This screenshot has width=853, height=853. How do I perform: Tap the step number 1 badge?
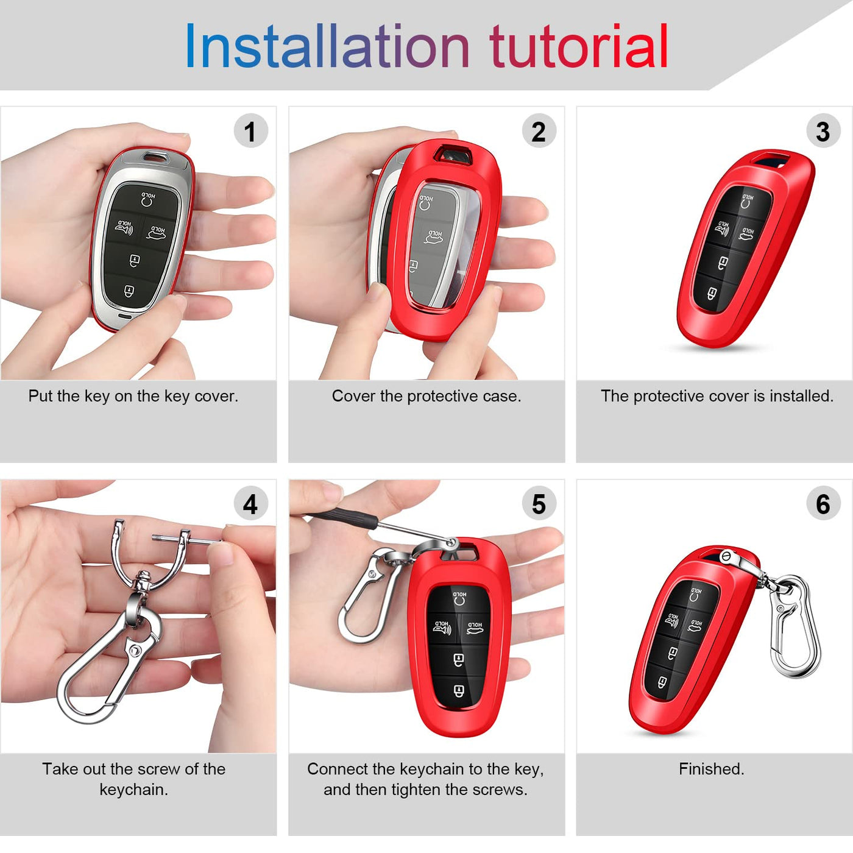pyautogui.click(x=250, y=130)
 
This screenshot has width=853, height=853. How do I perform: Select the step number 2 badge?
pyautogui.click(x=539, y=130)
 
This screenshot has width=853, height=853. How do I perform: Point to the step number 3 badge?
pyautogui.click(x=823, y=130)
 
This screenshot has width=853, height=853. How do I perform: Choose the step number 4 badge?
pyautogui.click(x=250, y=503)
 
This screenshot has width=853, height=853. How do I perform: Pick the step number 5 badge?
pyautogui.click(x=539, y=503)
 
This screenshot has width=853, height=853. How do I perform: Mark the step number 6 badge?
pyautogui.click(x=823, y=503)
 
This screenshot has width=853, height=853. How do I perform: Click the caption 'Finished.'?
pyautogui.click(x=712, y=769)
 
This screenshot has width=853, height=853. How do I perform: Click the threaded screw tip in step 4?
pyautogui.click(x=161, y=538)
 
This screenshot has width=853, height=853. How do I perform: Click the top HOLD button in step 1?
pyautogui.click(x=148, y=199)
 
